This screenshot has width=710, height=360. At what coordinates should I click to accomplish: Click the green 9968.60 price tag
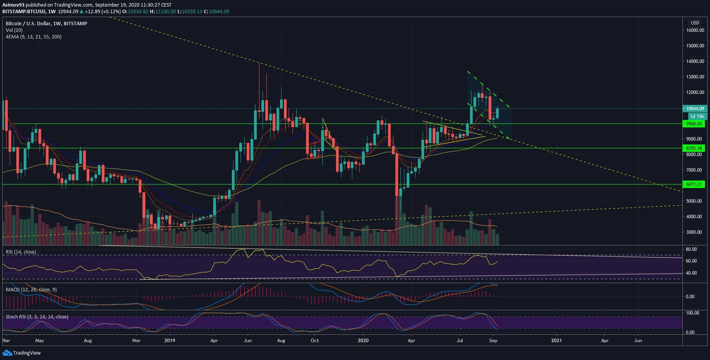coord(694,124)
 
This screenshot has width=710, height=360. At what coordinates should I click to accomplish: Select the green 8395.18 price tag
coord(694,148)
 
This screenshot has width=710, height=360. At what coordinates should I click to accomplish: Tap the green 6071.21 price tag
coord(694,184)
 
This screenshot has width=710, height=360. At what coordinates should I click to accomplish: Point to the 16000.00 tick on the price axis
coord(695,30)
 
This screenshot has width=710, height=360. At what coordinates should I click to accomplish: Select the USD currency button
coord(694,23)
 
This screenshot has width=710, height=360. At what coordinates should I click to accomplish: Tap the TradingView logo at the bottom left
coord(22,353)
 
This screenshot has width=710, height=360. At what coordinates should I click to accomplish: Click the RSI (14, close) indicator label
coord(21,252)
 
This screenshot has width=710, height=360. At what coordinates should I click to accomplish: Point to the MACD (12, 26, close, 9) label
coord(31,290)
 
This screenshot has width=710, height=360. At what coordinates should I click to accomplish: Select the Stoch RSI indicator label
coord(37,317)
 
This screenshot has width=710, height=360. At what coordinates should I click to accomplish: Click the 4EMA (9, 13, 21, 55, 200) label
coord(33,37)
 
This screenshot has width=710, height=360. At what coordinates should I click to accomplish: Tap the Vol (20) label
coord(14,30)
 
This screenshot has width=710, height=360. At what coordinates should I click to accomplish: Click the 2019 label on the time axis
coord(170,341)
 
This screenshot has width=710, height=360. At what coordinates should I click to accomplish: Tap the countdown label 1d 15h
coord(697,117)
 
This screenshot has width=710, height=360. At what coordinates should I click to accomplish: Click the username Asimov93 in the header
coord(14,4)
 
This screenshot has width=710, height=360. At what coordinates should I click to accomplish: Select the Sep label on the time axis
coord(493,341)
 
